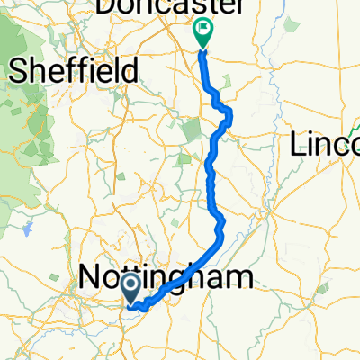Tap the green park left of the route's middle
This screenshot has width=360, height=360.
click(x=190, y=133)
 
